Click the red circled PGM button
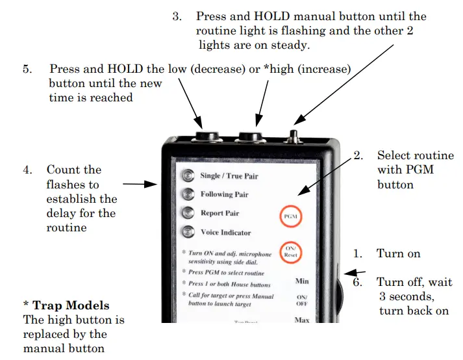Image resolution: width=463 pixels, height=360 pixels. coord(290,215)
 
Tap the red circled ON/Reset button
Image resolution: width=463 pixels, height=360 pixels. coord(290,251)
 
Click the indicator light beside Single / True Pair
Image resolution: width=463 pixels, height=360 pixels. coord(188,175)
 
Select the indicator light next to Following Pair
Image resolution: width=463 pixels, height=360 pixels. coord(188,194)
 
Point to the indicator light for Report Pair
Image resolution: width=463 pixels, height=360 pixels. coord(188,212)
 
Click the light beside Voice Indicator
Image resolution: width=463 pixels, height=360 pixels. coord(188,231)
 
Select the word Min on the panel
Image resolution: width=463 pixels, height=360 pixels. coord(302,281)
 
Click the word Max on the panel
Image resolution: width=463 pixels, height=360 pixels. coord(302,320)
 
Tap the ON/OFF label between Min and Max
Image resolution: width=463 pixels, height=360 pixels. coord(302,300)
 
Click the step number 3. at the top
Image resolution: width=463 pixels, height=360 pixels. coord(177,16)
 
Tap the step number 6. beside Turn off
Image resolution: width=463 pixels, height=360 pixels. coord(358,282)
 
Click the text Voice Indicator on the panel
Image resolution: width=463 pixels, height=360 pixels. coord(225,232)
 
